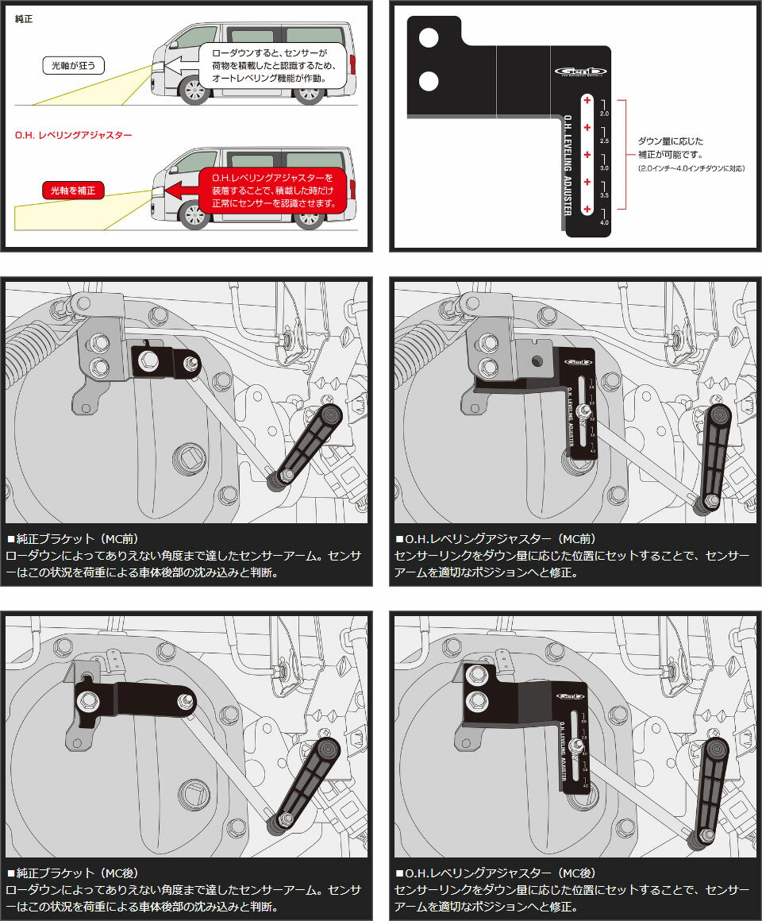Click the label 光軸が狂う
click(72, 65)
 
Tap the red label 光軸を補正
click(72, 191)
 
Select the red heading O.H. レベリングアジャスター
click(72, 135)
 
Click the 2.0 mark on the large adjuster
click(604, 114)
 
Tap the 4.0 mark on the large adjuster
click(604, 224)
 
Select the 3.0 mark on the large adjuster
click(604, 168)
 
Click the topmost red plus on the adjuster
click(587, 101)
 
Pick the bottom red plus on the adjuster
click(587, 209)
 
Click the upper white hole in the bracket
click(429, 37)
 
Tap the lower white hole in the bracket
click(429, 80)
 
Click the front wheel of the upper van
click(194, 90)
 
